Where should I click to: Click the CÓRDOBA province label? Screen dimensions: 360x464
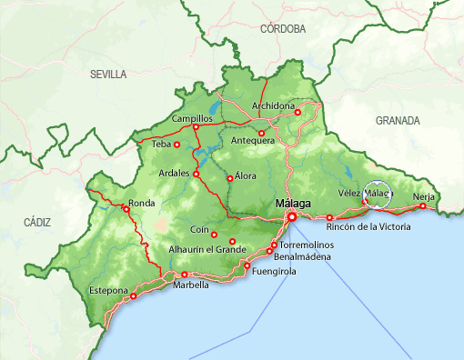[x=282, y=29]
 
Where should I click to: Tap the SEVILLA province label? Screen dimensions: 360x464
[x=108, y=75]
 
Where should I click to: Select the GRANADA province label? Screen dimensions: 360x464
[x=398, y=120]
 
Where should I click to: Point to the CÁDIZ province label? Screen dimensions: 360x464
[x=37, y=222]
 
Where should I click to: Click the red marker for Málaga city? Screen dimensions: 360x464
[x=292, y=217]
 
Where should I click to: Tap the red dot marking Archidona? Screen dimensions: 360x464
[x=298, y=112]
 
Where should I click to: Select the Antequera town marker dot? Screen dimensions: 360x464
[x=262, y=134]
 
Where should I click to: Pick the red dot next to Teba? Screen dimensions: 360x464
[x=177, y=145]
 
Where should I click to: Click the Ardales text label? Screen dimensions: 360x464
[x=173, y=173]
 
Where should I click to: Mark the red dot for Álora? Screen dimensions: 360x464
[x=229, y=178]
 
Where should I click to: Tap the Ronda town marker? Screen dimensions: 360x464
[x=126, y=209]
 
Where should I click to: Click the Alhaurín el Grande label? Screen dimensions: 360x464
[x=207, y=248]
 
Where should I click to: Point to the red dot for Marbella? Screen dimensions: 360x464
[x=185, y=275]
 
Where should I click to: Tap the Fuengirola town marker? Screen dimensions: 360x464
[x=247, y=265]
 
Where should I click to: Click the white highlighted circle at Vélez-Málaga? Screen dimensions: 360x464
[x=376, y=194]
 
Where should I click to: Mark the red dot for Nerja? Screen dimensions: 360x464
[x=422, y=206]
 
